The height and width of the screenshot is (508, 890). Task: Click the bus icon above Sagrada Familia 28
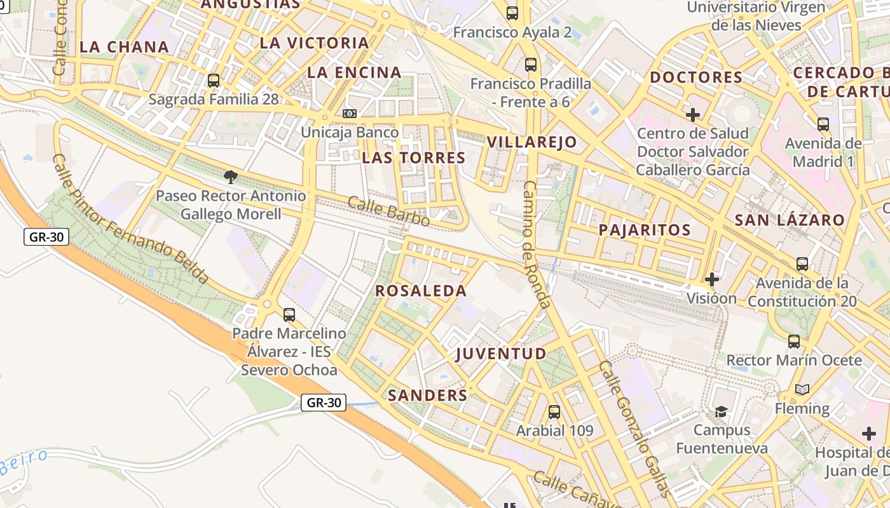click(x=214, y=81)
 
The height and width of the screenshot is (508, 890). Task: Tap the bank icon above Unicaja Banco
click(x=349, y=114)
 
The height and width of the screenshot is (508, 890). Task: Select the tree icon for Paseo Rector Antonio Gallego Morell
click(x=231, y=177)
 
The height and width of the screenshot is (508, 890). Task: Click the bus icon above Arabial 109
click(x=554, y=412)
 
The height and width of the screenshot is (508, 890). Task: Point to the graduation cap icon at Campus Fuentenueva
click(x=721, y=412)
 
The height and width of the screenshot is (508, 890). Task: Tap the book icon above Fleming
click(x=802, y=390)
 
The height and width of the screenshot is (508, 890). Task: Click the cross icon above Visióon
click(x=712, y=279)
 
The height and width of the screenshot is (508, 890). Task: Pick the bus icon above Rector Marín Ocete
click(x=794, y=342)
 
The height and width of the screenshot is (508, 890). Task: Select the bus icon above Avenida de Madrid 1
click(x=823, y=124)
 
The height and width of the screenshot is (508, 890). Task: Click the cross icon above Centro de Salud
click(x=693, y=115)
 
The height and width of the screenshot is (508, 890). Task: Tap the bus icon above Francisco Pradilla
click(x=531, y=65)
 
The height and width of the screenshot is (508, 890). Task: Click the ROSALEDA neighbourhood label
click(x=421, y=291)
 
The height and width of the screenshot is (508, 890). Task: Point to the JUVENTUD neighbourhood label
click(x=502, y=354)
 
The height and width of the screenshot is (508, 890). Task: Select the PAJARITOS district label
click(x=645, y=230)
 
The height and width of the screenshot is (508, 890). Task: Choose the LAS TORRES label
click(x=414, y=158)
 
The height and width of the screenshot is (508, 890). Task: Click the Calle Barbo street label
click(x=388, y=211)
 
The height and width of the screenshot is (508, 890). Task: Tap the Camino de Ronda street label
click(x=536, y=244)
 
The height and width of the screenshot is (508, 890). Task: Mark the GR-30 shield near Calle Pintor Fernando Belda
click(x=46, y=237)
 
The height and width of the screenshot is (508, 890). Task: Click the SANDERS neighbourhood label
click(x=428, y=395)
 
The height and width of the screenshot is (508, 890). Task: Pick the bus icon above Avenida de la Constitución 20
click(x=802, y=264)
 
